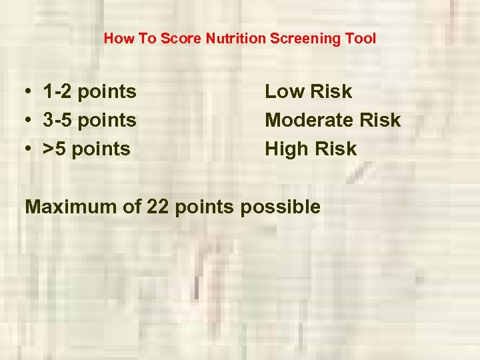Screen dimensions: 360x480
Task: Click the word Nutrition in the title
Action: (236, 39)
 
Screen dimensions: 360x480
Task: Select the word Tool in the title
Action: (362, 39)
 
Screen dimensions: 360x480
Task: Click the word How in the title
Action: (117, 39)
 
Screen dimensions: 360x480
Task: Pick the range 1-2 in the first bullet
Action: (57, 91)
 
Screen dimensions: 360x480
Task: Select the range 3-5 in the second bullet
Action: (57, 120)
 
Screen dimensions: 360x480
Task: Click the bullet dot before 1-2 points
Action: (23, 92)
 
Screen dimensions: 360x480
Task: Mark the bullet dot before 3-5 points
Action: (23, 121)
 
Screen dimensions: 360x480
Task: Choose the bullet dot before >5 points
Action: (23, 149)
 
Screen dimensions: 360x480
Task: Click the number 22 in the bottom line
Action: (157, 207)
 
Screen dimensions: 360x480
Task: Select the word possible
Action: (280, 207)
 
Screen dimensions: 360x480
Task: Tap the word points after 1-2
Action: (107, 92)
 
